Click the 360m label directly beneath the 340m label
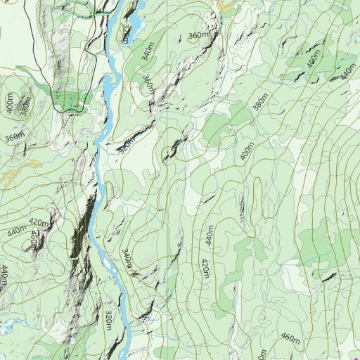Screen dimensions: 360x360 (x=148, y=84)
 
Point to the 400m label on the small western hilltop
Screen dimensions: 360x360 (x=9, y=103)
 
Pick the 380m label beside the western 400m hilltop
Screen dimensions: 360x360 (x=25, y=108)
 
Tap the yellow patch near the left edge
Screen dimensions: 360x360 (x=11, y=175)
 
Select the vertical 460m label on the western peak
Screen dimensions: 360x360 (x=33, y=240)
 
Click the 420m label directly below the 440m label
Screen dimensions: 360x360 (x=205, y=268)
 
